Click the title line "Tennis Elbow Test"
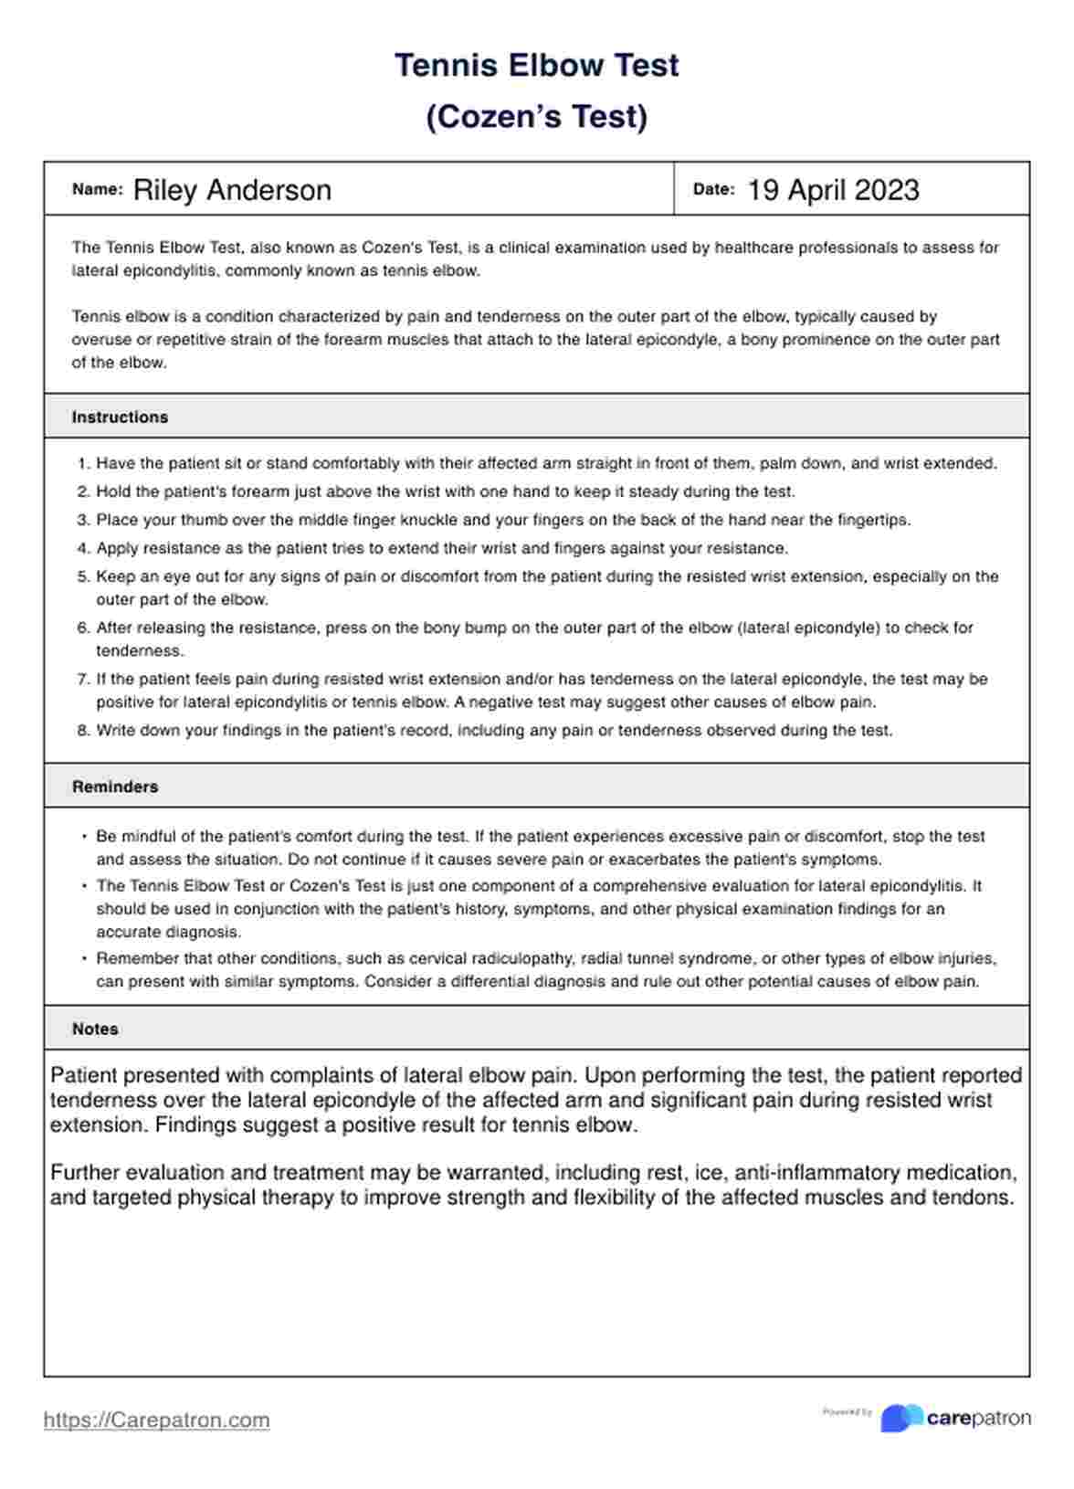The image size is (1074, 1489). coord(536,66)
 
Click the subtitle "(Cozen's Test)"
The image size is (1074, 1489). coord(536,117)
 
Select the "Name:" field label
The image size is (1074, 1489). coord(97,190)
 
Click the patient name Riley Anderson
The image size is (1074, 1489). coord(232,190)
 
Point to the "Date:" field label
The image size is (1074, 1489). coord(713,190)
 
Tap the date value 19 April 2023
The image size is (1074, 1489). coord(833,190)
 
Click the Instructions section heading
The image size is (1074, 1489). coord(120,417)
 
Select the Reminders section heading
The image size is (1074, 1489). coord(115,787)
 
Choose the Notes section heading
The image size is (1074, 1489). coord(95,1029)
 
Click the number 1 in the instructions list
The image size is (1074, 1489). coord(82,464)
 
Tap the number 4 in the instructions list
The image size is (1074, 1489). coord(82,549)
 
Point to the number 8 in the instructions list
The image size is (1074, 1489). coord(82,731)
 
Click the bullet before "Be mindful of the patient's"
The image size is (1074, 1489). coord(84,837)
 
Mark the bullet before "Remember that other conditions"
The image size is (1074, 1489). coord(84,959)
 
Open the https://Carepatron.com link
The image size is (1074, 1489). coord(156,1420)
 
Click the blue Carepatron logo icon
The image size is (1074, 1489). coord(900,1418)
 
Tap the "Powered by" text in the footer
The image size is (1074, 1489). coord(847,1412)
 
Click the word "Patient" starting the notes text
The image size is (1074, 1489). coord(83,1075)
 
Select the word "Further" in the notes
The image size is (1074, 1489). coord(84,1173)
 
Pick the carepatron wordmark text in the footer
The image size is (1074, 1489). coord(978,1419)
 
